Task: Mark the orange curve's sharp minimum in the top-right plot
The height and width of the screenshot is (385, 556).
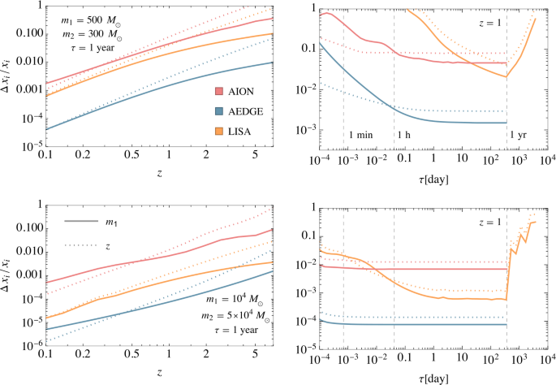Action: coord(506,77)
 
